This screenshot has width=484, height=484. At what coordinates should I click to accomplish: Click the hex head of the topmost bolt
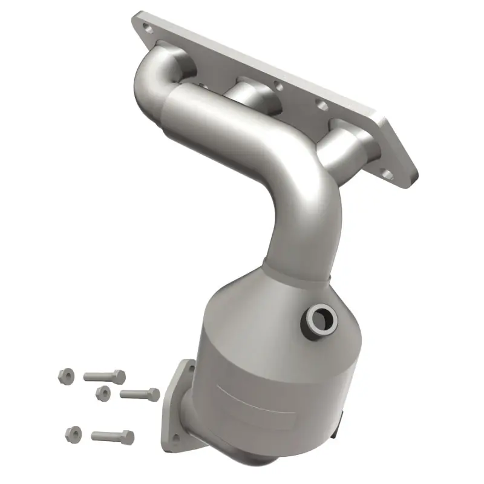[x=119, y=377]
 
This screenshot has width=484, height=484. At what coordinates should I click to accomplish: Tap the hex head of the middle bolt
[x=153, y=395]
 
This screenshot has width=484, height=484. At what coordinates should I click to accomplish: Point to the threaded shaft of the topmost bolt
[x=97, y=375]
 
